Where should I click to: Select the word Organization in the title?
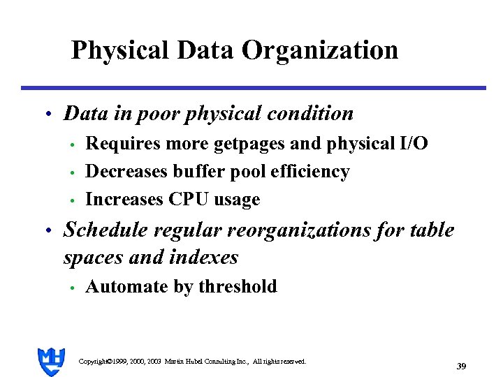(x=320, y=50)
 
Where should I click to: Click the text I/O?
(x=413, y=144)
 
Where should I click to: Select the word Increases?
(x=123, y=200)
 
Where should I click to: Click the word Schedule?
(x=99, y=230)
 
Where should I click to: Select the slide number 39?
(x=461, y=366)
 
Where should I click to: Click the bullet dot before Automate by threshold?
(x=72, y=288)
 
